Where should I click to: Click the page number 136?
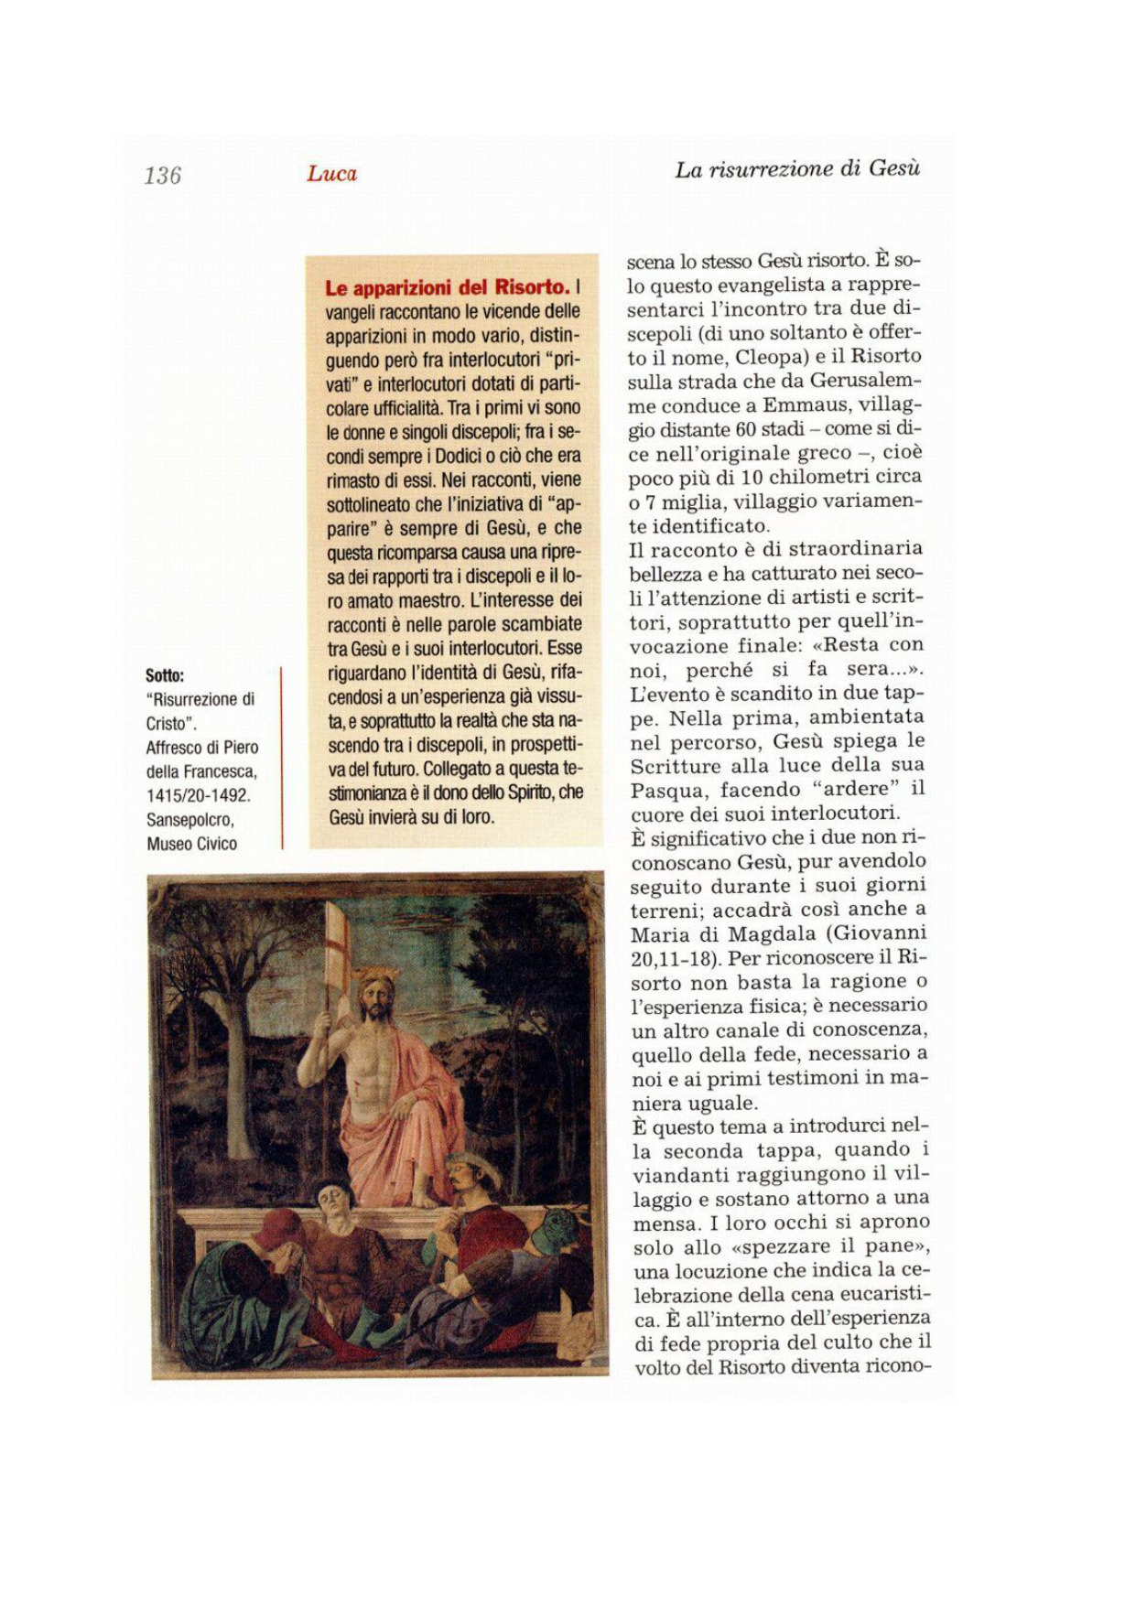[163, 175]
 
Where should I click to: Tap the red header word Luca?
[331, 174]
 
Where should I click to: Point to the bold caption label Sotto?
[165, 675]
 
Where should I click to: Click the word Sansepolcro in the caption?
[189, 819]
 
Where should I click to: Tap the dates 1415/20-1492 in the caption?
[198, 795]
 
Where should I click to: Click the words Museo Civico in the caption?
[191, 843]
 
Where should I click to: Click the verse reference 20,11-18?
[673, 957]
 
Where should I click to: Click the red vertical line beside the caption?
[282, 758]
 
